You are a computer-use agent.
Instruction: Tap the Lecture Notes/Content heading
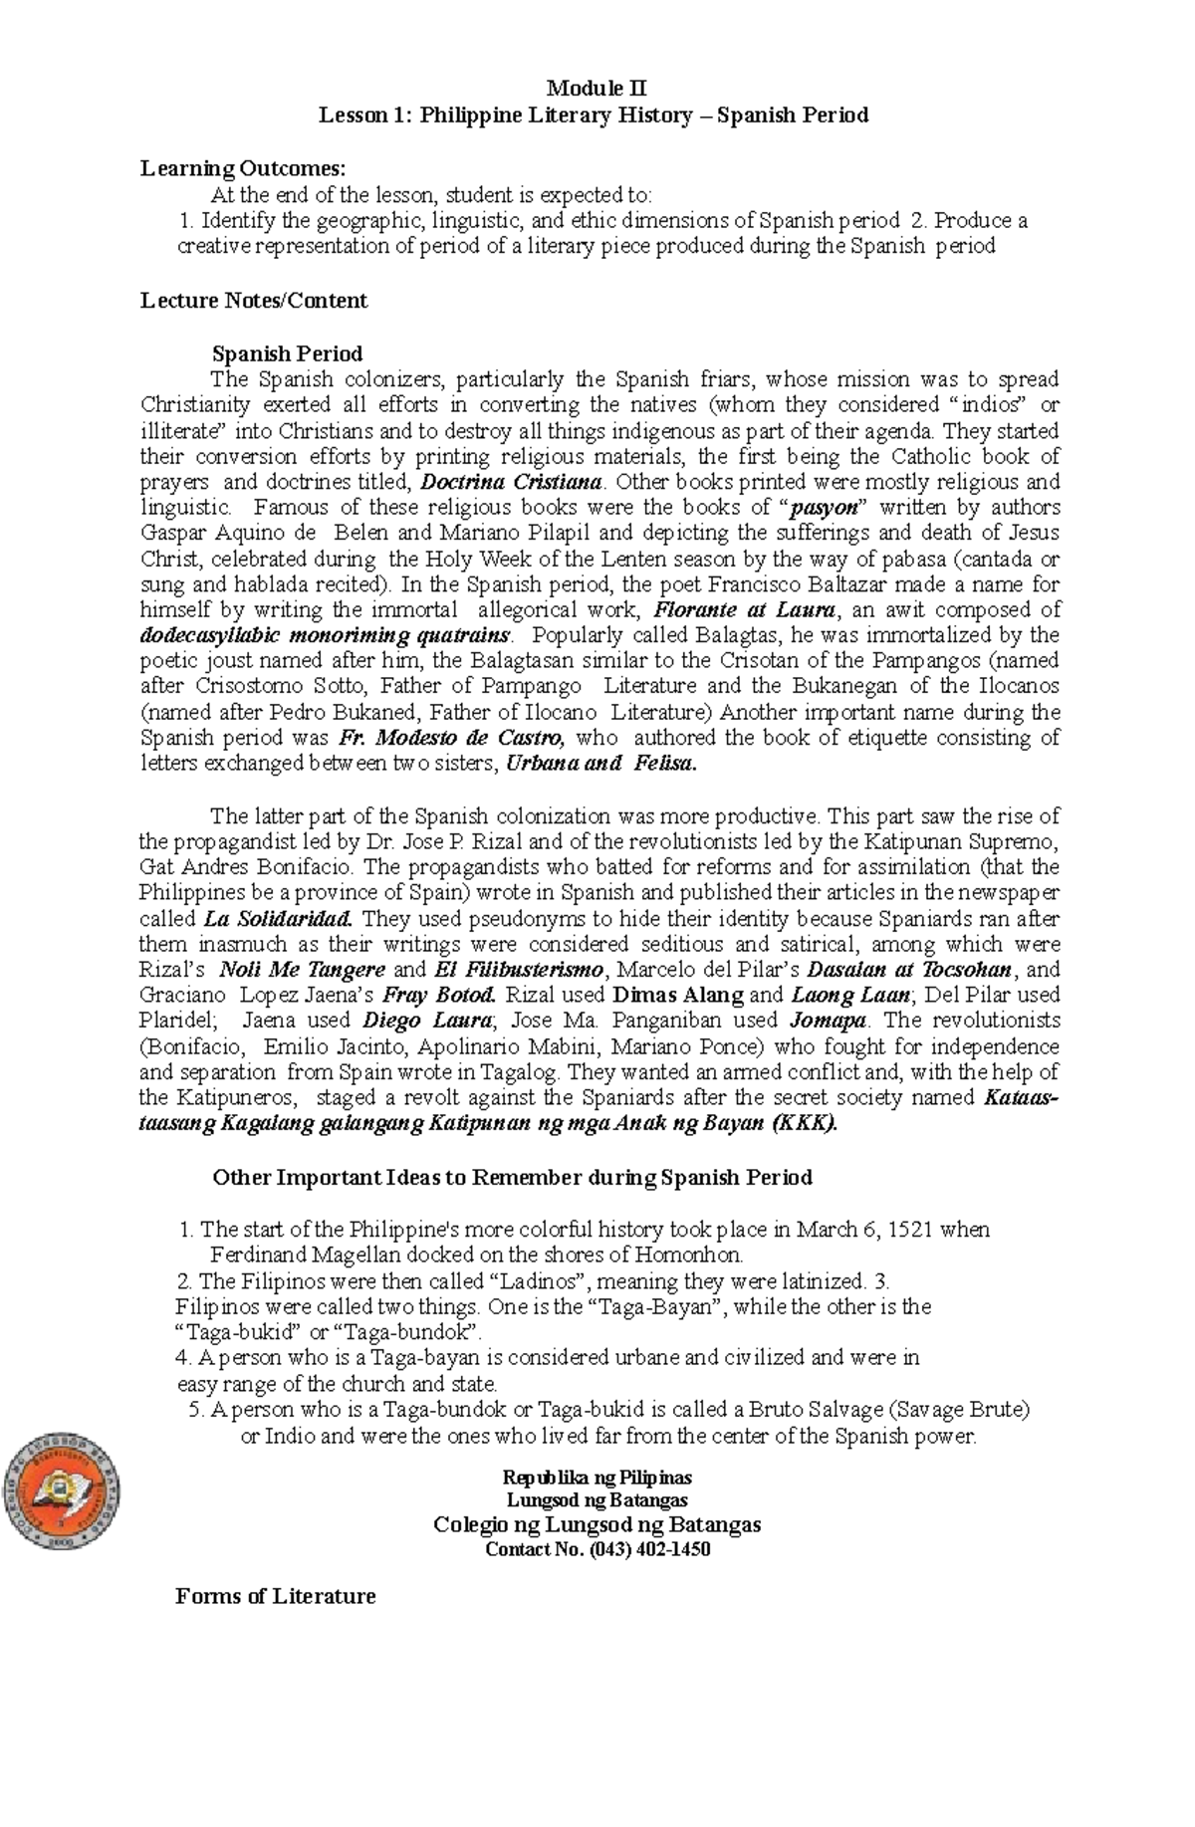pyautogui.click(x=254, y=301)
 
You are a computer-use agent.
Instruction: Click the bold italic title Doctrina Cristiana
pyautogui.click(x=512, y=483)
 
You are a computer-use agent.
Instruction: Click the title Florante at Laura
pyautogui.click(x=743, y=610)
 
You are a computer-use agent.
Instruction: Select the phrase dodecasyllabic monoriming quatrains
pyautogui.click(x=326, y=635)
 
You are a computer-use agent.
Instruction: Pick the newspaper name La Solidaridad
pyautogui.click(x=278, y=919)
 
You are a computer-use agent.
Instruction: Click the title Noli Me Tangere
pyautogui.click(x=302, y=970)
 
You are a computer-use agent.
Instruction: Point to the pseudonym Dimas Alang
pyautogui.click(x=678, y=995)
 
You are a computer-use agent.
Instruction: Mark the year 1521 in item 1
pyautogui.click(x=910, y=1230)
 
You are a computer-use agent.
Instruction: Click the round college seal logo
pyautogui.click(x=62, y=1489)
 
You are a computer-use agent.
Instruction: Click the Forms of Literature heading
pyautogui.click(x=275, y=1597)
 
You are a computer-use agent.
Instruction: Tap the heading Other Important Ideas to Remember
pyautogui.click(x=512, y=1178)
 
